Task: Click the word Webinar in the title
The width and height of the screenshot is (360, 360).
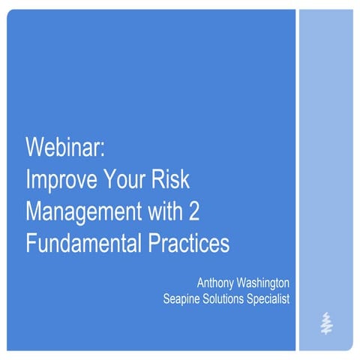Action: coord(65,148)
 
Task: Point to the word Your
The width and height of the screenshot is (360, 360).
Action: coord(131,180)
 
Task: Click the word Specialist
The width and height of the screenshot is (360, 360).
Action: coord(268,299)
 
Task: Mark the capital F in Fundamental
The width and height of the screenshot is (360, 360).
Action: coord(31,244)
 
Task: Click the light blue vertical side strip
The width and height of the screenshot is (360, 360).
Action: coord(325,150)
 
